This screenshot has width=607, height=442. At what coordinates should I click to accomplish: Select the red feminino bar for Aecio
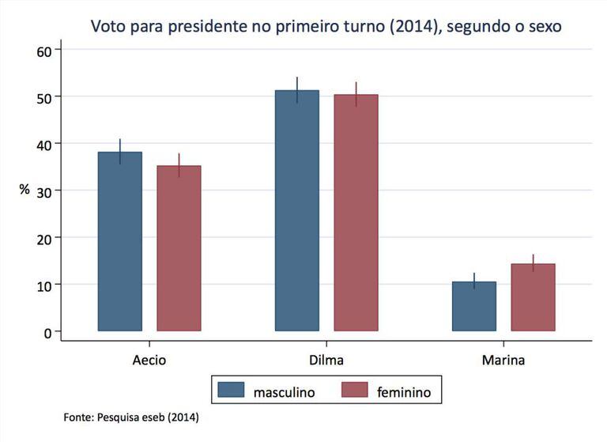coord(179,248)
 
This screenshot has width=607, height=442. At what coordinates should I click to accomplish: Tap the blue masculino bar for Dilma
coord(297,210)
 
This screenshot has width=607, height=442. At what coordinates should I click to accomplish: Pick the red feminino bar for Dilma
coord(356,213)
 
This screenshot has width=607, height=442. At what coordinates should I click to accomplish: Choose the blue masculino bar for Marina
coord(474,306)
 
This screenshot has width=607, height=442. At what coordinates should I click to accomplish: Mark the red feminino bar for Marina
coord(533,297)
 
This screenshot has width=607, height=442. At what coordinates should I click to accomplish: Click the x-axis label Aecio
coord(149,359)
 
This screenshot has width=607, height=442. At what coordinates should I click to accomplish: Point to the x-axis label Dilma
coord(326,359)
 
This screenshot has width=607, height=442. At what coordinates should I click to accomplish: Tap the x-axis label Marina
coord(503,359)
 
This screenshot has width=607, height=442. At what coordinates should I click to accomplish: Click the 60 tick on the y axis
coord(43,50)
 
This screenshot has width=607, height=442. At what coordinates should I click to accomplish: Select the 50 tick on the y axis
coord(43,96)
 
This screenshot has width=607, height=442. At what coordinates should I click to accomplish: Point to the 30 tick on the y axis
coord(43,191)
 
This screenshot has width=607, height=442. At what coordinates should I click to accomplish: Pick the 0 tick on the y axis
coord(47,331)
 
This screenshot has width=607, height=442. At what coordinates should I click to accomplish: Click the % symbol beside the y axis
coord(25,190)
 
